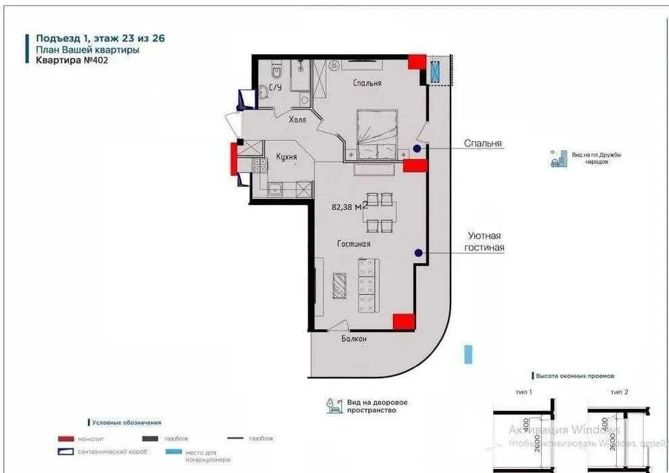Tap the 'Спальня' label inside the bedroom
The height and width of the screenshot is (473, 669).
point(367,83)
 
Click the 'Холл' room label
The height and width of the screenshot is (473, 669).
point(297,120)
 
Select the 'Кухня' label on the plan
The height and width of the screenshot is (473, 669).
point(287,157)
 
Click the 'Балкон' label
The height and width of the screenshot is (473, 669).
point(354,339)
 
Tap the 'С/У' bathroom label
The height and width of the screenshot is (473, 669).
point(275,88)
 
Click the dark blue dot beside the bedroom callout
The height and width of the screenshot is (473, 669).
point(417,149)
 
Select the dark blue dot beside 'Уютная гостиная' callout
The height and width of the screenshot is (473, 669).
point(419,253)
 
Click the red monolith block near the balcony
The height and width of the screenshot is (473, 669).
point(404,322)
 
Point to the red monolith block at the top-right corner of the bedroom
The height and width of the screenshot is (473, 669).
point(417,62)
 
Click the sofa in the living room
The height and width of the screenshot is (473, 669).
point(366,292)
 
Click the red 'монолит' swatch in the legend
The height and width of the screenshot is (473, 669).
point(66,438)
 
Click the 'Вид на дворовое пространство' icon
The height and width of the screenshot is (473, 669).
point(333,406)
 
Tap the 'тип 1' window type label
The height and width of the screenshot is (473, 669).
point(524,392)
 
